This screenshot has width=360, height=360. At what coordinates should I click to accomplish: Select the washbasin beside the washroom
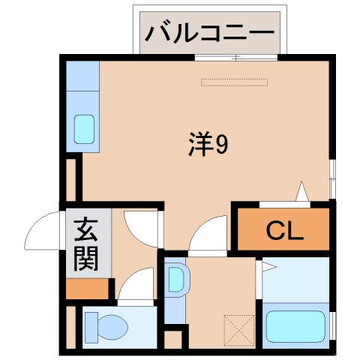177,280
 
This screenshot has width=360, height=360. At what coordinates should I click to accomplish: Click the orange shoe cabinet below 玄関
88,287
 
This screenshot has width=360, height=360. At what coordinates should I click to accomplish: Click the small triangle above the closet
302,193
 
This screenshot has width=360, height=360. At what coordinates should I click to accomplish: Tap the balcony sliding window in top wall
235,58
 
